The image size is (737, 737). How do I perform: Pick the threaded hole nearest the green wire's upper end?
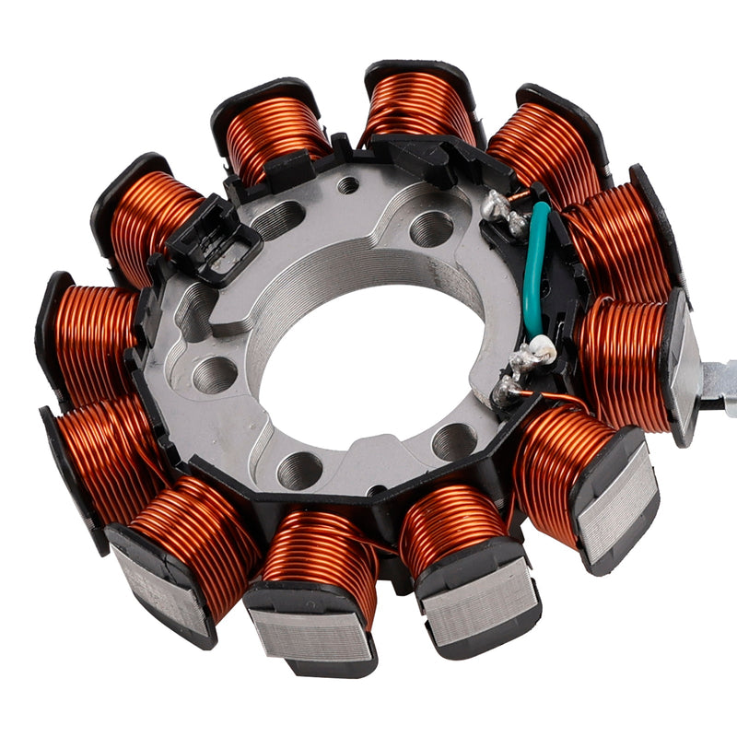431,228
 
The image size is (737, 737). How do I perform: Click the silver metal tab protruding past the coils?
717,378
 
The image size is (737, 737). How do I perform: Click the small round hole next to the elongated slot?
348,185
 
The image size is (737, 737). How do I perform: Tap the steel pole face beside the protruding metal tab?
684,368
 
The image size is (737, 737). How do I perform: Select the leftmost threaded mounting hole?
214,374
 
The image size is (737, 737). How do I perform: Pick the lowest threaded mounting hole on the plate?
299,470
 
